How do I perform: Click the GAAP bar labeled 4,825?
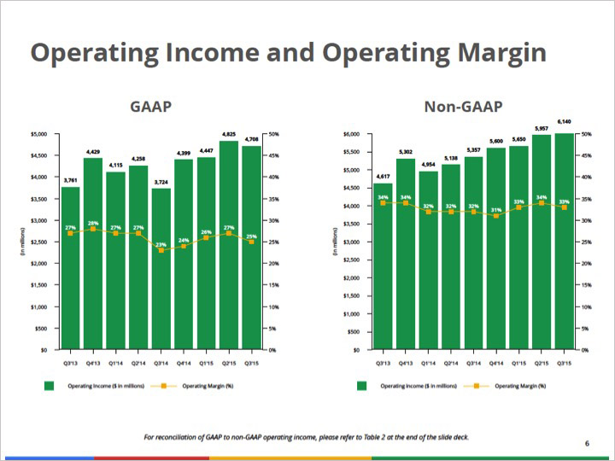[229, 248]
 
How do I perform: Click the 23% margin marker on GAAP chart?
[161, 250]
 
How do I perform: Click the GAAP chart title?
[151, 107]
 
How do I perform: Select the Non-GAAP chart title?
[463, 107]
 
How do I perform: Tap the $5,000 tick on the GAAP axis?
[39, 134]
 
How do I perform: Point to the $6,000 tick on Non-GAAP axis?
[351, 134]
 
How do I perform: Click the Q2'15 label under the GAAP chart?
[229, 361]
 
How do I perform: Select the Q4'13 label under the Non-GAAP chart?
[406, 361]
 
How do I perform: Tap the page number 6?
[587, 443]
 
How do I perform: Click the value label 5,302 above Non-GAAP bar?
[406, 153]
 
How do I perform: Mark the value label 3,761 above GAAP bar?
[70, 180]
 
